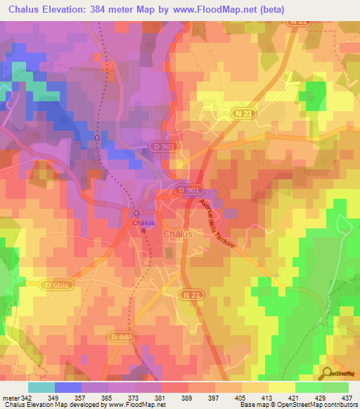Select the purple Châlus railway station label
point(143,223)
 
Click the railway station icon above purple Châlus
point(139,213)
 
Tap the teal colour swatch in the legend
point(41,387)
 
